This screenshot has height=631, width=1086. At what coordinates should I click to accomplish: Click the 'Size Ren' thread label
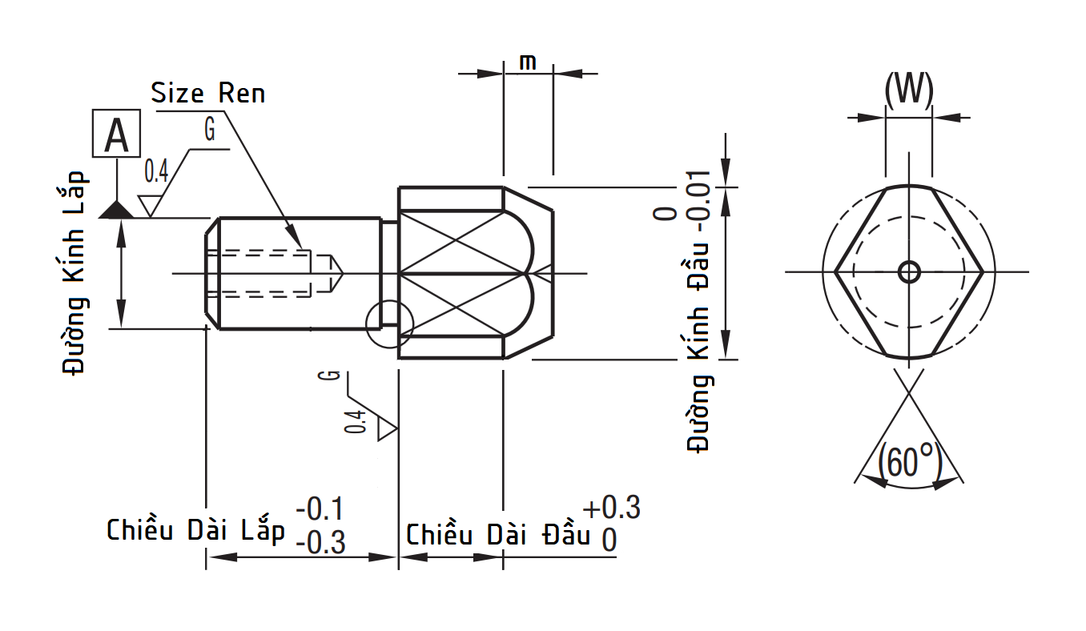pyautogui.click(x=208, y=93)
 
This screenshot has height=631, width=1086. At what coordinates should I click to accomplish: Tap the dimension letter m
pyautogui.click(x=528, y=62)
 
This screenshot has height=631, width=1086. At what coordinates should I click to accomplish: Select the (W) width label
pyautogui.click(x=909, y=90)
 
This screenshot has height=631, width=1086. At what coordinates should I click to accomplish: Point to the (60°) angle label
pyautogui.click(x=909, y=462)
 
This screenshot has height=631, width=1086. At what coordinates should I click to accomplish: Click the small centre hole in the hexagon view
pyautogui.click(x=909, y=272)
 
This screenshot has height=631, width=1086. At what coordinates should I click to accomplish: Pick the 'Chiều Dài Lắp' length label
pyautogui.click(x=196, y=530)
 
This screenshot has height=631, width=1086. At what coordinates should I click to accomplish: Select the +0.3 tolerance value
pyautogui.click(x=612, y=508)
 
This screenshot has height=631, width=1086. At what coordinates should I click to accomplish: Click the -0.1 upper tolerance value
pyautogui.click(x=320, y=508)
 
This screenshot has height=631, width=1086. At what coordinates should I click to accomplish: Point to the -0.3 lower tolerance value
pyautogui.click(x=320, y=544)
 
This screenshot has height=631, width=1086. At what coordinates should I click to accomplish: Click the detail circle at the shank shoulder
pyautogui.click(x=388, y=324)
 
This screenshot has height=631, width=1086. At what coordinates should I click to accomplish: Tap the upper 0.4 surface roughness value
pyautogui.click(x=156, y=170)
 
